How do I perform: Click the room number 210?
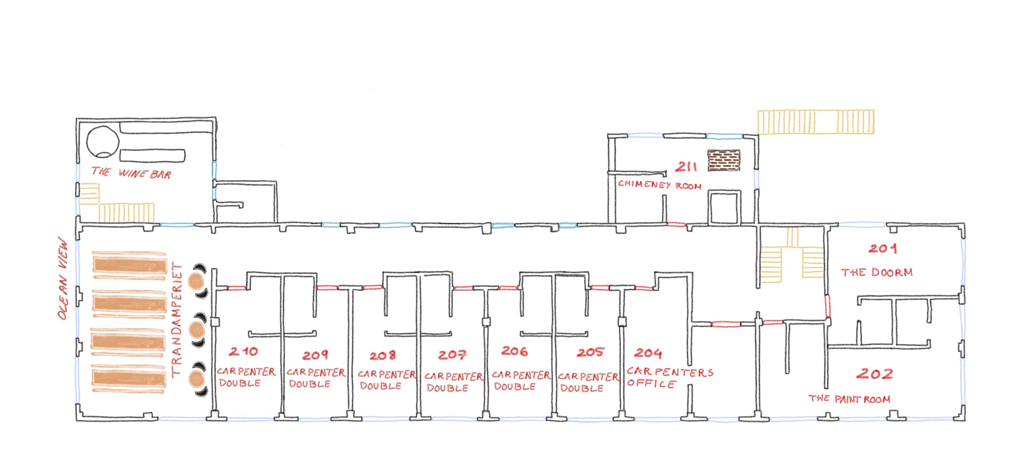[243, 351]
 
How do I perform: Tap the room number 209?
[315, 355]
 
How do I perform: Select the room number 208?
[382, 355]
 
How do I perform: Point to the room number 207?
[452, 355]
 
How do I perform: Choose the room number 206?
[514, 351]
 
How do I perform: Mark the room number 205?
[590, 352]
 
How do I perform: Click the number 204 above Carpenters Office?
[648, 353]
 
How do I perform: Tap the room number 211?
[686, 167]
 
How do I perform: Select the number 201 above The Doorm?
[882, 249]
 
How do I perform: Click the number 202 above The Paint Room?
[874, 374]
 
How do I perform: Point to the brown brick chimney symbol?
[723, 160]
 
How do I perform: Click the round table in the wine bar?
[103, 142]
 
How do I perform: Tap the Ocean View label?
[63, 279]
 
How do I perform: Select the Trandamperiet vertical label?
[177, 319]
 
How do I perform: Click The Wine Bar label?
[131, 173]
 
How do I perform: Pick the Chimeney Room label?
[659, 185]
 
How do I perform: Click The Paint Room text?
[849, 399]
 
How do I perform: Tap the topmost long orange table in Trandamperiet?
[130, 265]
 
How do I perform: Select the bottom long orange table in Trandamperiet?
[128, 378]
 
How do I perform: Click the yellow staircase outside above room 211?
[816, 122]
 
